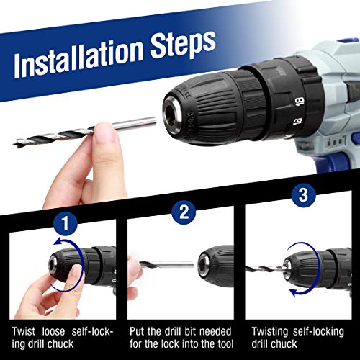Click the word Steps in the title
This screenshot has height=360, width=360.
click(x=183, y=45)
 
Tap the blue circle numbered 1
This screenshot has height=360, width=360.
click(x=66, y=223)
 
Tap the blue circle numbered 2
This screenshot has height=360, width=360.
click(x=184, y=212)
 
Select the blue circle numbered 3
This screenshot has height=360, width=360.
click(x=303, y=195)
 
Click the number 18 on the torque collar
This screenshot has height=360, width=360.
click(x=300, y=102)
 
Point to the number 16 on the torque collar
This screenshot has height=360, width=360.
click(x=298, y=122)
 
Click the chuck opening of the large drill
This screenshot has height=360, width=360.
click(x=171, y=112)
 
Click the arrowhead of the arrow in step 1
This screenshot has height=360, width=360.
click(x=58, y=242)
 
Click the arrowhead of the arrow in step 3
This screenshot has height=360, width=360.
click(x=294, y=292)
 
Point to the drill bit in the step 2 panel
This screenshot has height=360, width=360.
click(x=166, y=264)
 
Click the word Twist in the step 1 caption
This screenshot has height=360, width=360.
click(x=24, y=331)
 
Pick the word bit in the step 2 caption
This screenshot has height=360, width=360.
click(x=190, y=331)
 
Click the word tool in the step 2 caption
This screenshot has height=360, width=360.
click(x=225, y=344)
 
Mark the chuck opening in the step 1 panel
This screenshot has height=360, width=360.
click(x=53, y=265)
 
